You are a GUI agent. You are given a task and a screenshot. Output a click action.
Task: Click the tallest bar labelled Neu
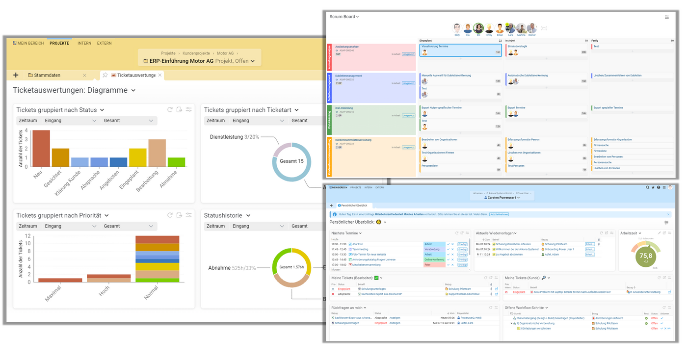(41, 149)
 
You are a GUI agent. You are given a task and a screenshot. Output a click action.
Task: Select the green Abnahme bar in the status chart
(176, 162)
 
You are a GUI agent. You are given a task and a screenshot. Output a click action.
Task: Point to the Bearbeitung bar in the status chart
(157, 153)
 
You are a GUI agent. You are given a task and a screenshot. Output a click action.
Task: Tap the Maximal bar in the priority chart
(60, 280)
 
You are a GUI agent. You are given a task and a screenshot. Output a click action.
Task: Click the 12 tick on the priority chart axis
(28, 236)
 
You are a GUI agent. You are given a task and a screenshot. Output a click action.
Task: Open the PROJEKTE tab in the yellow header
(59, 43)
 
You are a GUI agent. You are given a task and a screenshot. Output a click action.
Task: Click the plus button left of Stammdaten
(16, 75)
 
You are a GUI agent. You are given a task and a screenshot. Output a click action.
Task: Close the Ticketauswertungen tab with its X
(160, 75)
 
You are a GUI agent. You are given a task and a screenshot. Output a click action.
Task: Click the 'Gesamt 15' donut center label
(291, 161)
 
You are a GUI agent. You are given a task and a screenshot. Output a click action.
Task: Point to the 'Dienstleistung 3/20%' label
(234, 137)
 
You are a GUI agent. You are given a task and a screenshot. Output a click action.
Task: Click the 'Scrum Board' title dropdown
(344, 17)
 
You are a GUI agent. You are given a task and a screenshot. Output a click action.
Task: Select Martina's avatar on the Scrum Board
(521, 28)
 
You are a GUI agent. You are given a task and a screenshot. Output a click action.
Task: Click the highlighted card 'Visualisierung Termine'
(460, 50)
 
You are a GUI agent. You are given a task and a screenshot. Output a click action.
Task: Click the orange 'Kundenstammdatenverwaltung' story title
(353, 140)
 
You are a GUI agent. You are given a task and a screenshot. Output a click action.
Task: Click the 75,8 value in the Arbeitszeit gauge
(646, 256)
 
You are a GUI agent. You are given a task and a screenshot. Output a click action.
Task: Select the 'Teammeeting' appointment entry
(360, 249)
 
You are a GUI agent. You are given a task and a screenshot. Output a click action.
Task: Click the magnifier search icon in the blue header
(647, 187)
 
